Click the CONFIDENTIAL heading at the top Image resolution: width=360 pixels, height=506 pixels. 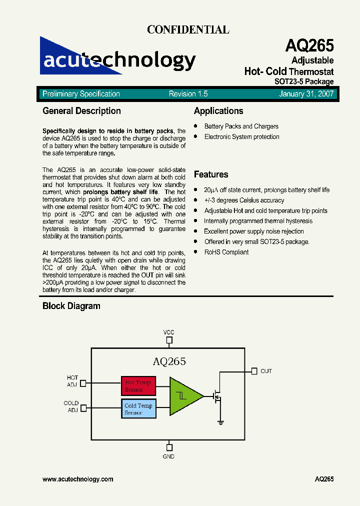click(188, 29)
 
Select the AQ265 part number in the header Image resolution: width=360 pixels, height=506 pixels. click(309, 46)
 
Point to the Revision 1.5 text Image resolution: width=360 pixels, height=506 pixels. click(188, 94)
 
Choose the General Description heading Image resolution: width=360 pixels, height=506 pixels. click(81, 111)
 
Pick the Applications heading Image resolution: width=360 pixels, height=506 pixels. click(218, 111)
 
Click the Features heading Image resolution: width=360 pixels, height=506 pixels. click(211, 174)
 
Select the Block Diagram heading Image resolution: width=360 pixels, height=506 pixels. click(71, 306)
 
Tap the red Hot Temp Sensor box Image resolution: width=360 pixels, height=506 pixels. click(138, 386)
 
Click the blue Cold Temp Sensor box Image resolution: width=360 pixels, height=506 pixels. click(138, 409)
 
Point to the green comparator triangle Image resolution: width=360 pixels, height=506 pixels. click(184, 396)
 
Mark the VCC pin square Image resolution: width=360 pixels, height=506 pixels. click(169, 340)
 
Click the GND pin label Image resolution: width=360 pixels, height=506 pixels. click(169, 456)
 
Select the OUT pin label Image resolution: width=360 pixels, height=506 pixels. click(266, 371)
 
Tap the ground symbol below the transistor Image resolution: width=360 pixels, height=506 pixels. click(220, 422)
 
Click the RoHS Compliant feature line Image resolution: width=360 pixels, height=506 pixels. click(226, 252)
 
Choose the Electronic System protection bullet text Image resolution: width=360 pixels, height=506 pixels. click(241, 137)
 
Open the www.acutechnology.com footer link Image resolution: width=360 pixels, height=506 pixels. click(78, 479)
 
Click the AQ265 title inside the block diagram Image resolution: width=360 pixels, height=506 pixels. click(169, 361)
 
